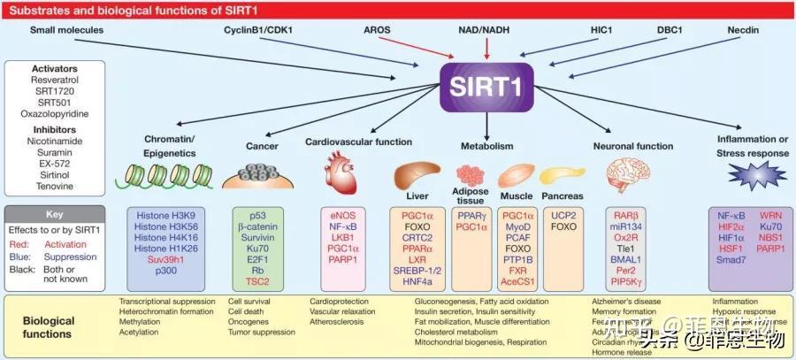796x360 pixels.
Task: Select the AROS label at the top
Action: [x=378, y=30]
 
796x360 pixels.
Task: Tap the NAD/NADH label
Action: [x=486, y=30]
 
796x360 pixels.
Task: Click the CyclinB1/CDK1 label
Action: [x=257, y=30]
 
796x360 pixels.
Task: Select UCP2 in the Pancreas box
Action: [x=563, y=214]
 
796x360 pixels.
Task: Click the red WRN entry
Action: [x=769, y=214]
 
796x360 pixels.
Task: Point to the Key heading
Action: [x=54, y=214]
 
